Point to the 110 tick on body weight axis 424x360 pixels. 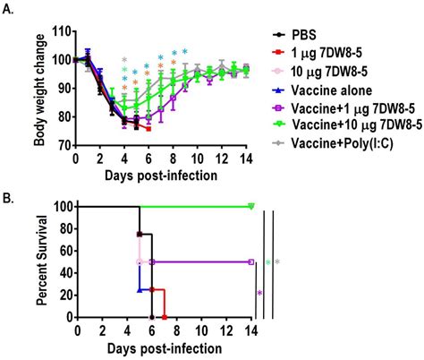61,31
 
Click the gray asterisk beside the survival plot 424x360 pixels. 278,262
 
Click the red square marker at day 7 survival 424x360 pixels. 165,316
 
